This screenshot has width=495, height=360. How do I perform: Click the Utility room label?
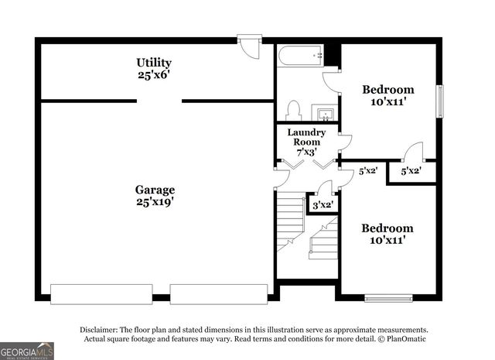(154, 63)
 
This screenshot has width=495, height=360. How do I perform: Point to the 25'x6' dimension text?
(153, 76)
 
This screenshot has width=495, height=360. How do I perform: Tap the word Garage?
(155, 190)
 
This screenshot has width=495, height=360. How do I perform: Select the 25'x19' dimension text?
(154, 203)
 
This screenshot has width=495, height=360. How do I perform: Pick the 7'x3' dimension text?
(306, 153)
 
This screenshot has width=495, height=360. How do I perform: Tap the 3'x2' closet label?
(321, 205)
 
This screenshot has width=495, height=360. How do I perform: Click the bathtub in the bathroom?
(301, 56)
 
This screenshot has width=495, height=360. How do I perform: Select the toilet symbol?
(293, 111)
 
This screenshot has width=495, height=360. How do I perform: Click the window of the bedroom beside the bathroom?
(440, 101)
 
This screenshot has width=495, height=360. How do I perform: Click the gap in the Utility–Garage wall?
(159, 101)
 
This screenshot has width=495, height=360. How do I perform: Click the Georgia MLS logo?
(27, 351)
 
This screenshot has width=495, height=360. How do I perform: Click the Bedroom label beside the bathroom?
(388, 90)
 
